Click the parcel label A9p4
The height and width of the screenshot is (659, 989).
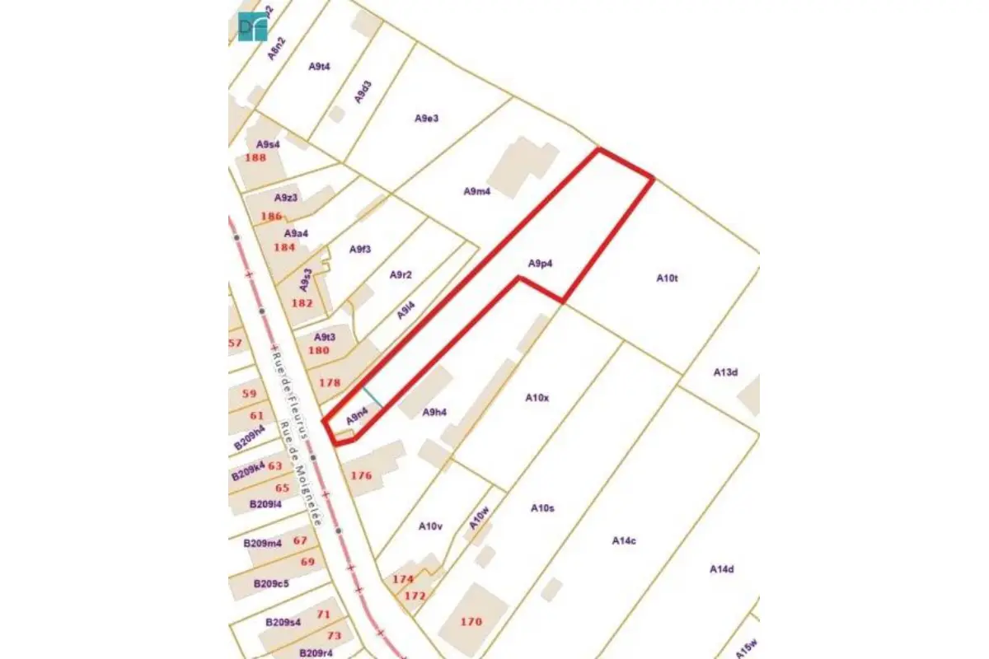(x=540, y=264)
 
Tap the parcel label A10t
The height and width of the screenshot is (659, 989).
(x=667, y=278)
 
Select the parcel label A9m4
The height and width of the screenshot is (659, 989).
(x=477, y=192)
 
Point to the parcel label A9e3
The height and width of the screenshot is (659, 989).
(x=426, y=118)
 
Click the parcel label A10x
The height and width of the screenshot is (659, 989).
(x=537, y=398)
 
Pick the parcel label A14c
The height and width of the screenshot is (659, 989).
(x=624, y=540)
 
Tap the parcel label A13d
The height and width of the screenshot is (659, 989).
(x=725, y=372)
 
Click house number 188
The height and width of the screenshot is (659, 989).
(x=255, y=157)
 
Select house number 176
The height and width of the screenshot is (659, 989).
(x=361, y=475)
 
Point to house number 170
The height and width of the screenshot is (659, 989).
(x=471, y=621)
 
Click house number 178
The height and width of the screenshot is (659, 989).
(x=329, y=382)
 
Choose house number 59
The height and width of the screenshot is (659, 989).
(x=249, y=394)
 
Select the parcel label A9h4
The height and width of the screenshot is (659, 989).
(x=434, y=412)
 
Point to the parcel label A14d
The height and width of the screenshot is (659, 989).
(x=722, y=569)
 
